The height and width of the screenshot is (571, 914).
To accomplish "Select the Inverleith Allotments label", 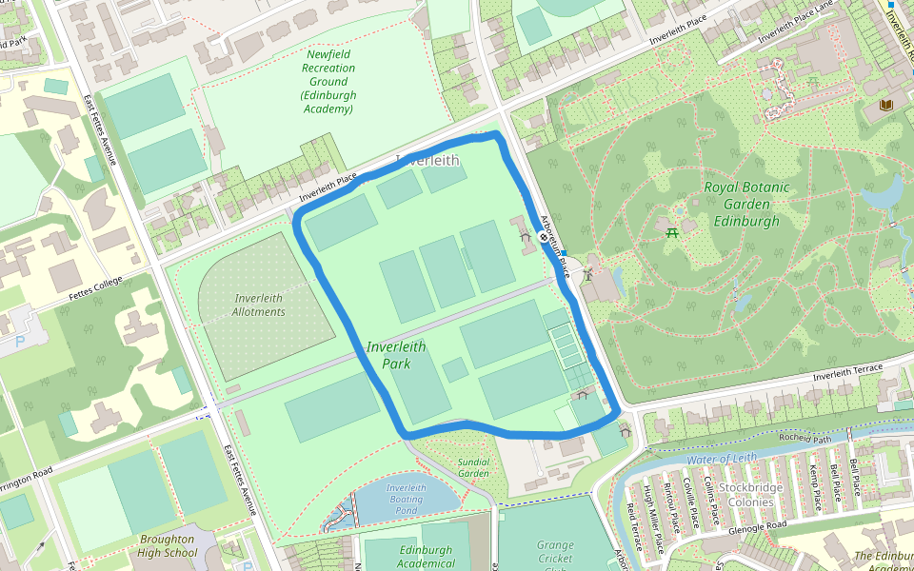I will pyautogui.click(x=259, y=305).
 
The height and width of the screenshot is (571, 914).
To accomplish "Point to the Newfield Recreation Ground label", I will pyautogui.click(x=328, y=82).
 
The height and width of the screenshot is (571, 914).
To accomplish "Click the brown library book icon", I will pyautogui.click(x=886, y=104).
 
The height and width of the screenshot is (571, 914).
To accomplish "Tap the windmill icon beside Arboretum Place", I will pyautogui.click(x=588, y=273).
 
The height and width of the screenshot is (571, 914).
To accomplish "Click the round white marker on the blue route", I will pyautogui.click(x=544, y=238).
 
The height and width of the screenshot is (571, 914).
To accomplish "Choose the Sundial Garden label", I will pyautogui.click(x=473, y=467).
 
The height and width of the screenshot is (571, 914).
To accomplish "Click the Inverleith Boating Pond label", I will pyautogui.click(x=406, y=499).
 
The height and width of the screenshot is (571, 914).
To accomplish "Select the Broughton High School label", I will pyautogui.click(x=168, y=545).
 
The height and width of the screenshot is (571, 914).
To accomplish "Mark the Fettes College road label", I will pyautogui.click(x=95, y=287).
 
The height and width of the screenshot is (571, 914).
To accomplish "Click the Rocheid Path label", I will pyautogui.click(x=805, y=439).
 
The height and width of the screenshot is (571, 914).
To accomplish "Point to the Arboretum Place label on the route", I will pyautogui.click(x=554, y=245).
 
